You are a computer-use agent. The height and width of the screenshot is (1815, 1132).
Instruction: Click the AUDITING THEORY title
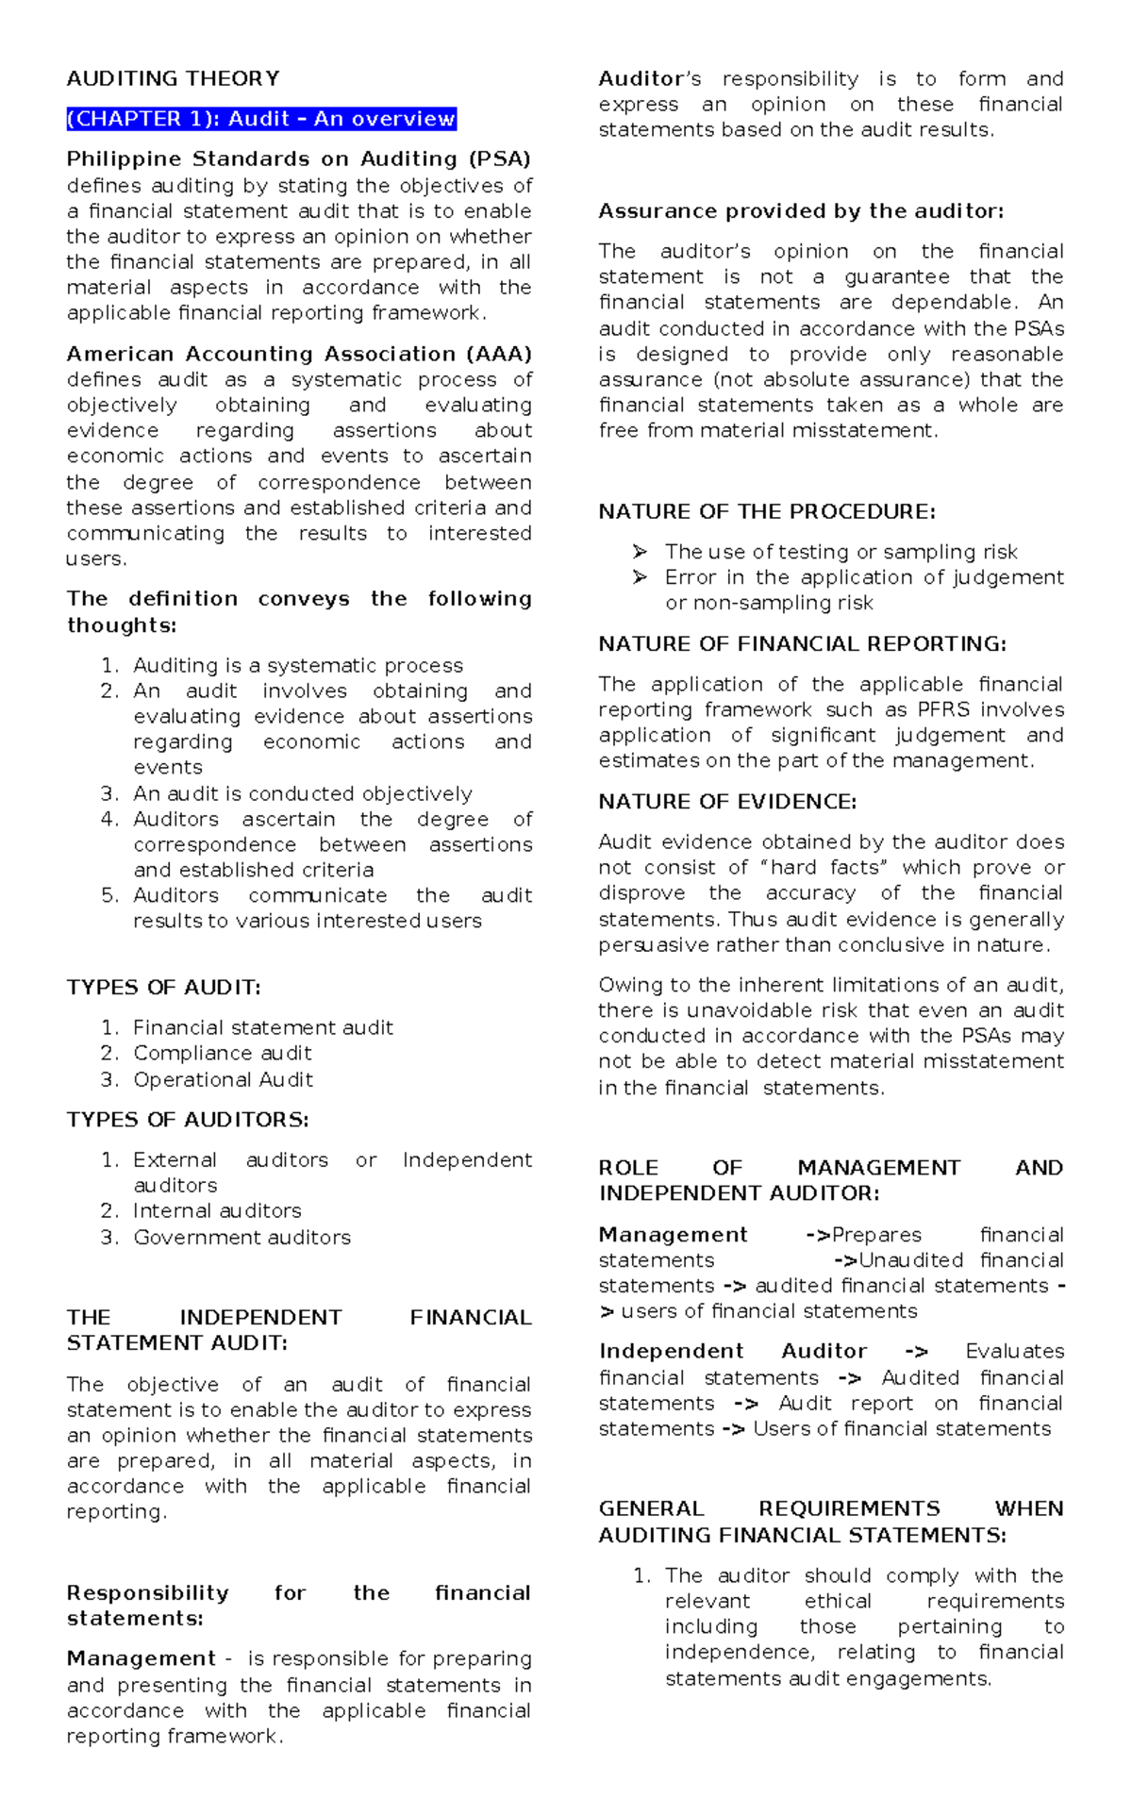click(173, 78)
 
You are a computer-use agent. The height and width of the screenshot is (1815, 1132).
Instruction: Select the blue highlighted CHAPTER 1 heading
click(261, 119)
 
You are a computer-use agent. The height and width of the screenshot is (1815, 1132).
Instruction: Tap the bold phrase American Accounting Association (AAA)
click(299, 354)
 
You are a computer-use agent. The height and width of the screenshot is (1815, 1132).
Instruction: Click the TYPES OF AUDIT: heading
click(163, 988)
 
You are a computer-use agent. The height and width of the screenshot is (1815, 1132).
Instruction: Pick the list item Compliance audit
click(222, 1053)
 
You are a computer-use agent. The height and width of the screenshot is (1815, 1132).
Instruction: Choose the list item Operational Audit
click(223, 1079)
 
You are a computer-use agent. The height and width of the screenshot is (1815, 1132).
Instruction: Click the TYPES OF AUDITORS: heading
click(188, 1120)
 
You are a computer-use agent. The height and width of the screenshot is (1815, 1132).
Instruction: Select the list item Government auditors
click(241, 1237)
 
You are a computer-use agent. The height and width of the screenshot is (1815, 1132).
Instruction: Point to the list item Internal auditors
click(217, 1210)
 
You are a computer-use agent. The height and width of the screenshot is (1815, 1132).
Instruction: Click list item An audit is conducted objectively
click(302, 793)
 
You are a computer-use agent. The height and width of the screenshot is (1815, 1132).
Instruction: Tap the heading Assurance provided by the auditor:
click(801, 211)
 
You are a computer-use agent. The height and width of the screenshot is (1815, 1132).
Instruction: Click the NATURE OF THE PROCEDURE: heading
click(766, 511)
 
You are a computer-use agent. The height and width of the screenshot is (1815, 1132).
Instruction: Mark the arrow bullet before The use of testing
click(641, 551)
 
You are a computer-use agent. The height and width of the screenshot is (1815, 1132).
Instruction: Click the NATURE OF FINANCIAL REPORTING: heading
click(802, 643)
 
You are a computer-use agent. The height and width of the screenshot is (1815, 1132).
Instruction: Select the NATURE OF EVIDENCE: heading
click(727, 801)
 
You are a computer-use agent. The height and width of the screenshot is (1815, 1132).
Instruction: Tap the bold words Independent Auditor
click(732, 1352)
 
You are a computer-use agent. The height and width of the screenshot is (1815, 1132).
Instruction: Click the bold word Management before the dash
click(141, 1659)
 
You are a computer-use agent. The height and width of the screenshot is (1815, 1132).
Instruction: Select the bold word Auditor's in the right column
click(649, 78)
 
